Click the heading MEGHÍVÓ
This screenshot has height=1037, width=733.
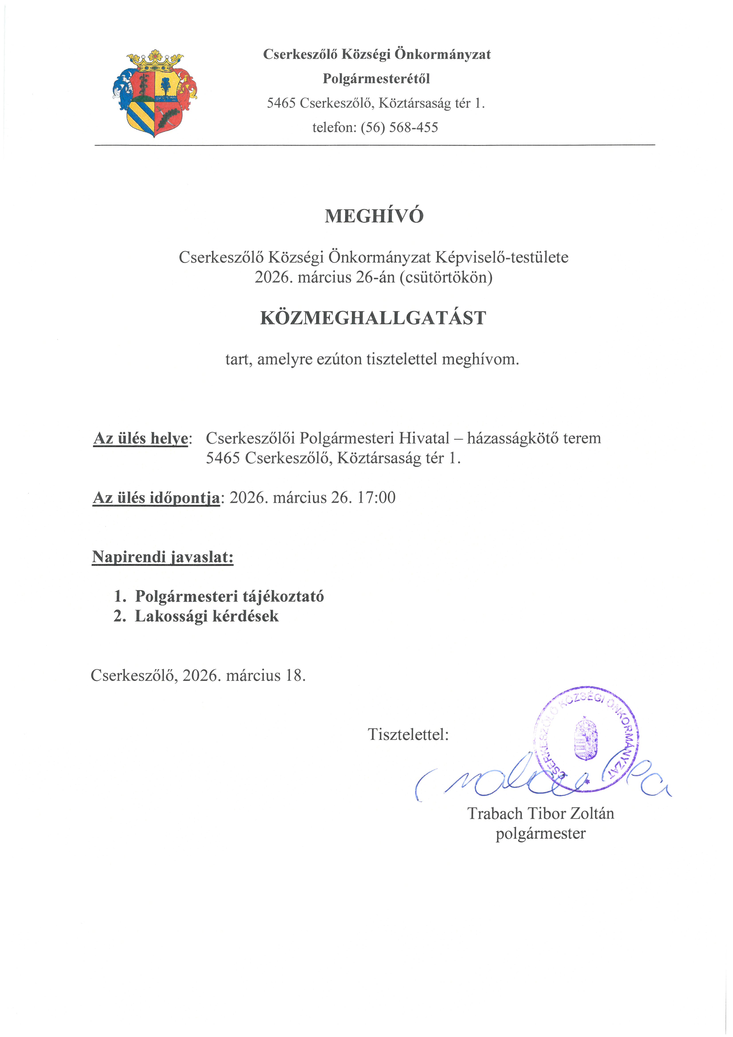coord(374,216)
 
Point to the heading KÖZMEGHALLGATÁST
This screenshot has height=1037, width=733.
coord(373,318)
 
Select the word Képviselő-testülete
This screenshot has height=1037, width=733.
coord(502,257)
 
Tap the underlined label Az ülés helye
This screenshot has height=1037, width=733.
coord(141,438)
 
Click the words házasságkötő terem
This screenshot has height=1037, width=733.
coord(534,438)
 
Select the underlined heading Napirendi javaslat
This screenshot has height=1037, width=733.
coord(163,557)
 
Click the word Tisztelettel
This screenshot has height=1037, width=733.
coord(408,734)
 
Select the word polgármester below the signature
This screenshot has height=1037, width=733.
coord(541,833)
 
